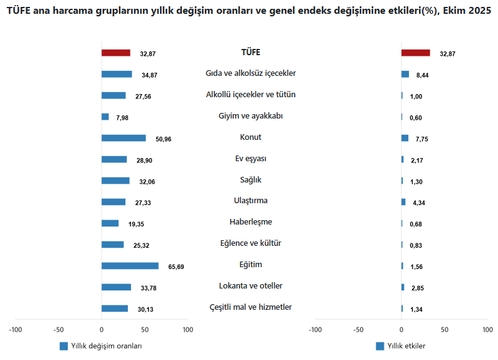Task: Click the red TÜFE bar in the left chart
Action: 115,53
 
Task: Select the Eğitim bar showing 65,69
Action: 129,266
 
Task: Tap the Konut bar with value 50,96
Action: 123,138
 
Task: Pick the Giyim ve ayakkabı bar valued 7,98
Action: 105,117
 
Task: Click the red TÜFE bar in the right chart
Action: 415,53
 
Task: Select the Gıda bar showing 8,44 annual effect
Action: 405,74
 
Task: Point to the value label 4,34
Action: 418,203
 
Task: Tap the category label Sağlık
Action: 251,180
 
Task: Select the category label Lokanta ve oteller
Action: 251,286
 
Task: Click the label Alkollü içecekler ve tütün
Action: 251,95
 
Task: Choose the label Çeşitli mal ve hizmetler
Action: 251,307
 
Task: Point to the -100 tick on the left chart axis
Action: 16,329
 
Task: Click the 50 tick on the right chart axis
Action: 444,329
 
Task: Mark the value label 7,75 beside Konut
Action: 418,139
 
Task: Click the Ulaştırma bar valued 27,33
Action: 113,202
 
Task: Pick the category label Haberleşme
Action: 251,222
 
